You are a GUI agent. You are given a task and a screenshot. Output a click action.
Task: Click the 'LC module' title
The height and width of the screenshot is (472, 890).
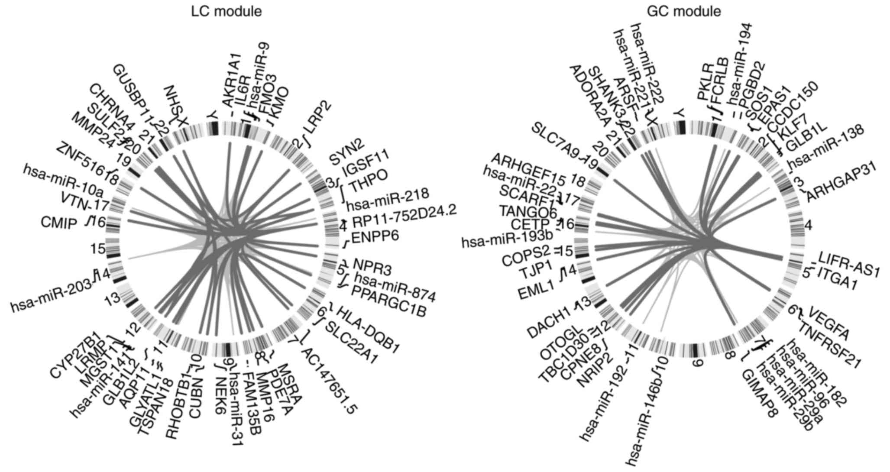pyautogui.click(x=227, y=12)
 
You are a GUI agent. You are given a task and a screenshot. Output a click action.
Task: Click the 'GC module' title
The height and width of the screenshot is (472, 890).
pyautogui.click(x=683, y=12)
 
